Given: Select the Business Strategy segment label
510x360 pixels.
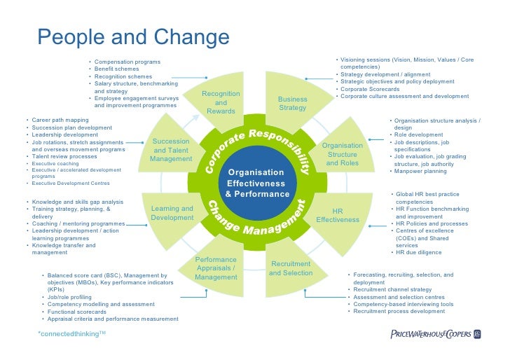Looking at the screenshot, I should (x=293, y=104).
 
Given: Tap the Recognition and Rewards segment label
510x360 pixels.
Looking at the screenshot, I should (x=221, y=102).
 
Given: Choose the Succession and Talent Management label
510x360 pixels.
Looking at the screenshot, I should (x=171, y=150).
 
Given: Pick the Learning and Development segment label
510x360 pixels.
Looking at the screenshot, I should (x=172, y=213).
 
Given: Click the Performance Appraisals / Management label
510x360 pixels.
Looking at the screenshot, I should (x=216, y=268).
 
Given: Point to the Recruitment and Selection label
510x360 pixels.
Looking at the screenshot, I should (x=291, y=268).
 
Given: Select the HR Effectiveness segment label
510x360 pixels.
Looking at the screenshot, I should (x=337, y=215).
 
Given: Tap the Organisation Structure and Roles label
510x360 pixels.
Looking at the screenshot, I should (x=343, y=154).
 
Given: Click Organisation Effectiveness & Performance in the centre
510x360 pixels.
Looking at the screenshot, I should (x=256, y=182).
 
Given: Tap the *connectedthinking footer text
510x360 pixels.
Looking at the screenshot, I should (x=71, y=334).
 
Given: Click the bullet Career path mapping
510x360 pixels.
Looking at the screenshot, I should (x=60, y=120).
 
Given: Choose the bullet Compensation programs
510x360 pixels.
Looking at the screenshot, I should (x=127, y=62).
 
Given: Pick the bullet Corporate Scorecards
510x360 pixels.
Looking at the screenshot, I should (x=370, y=89).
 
